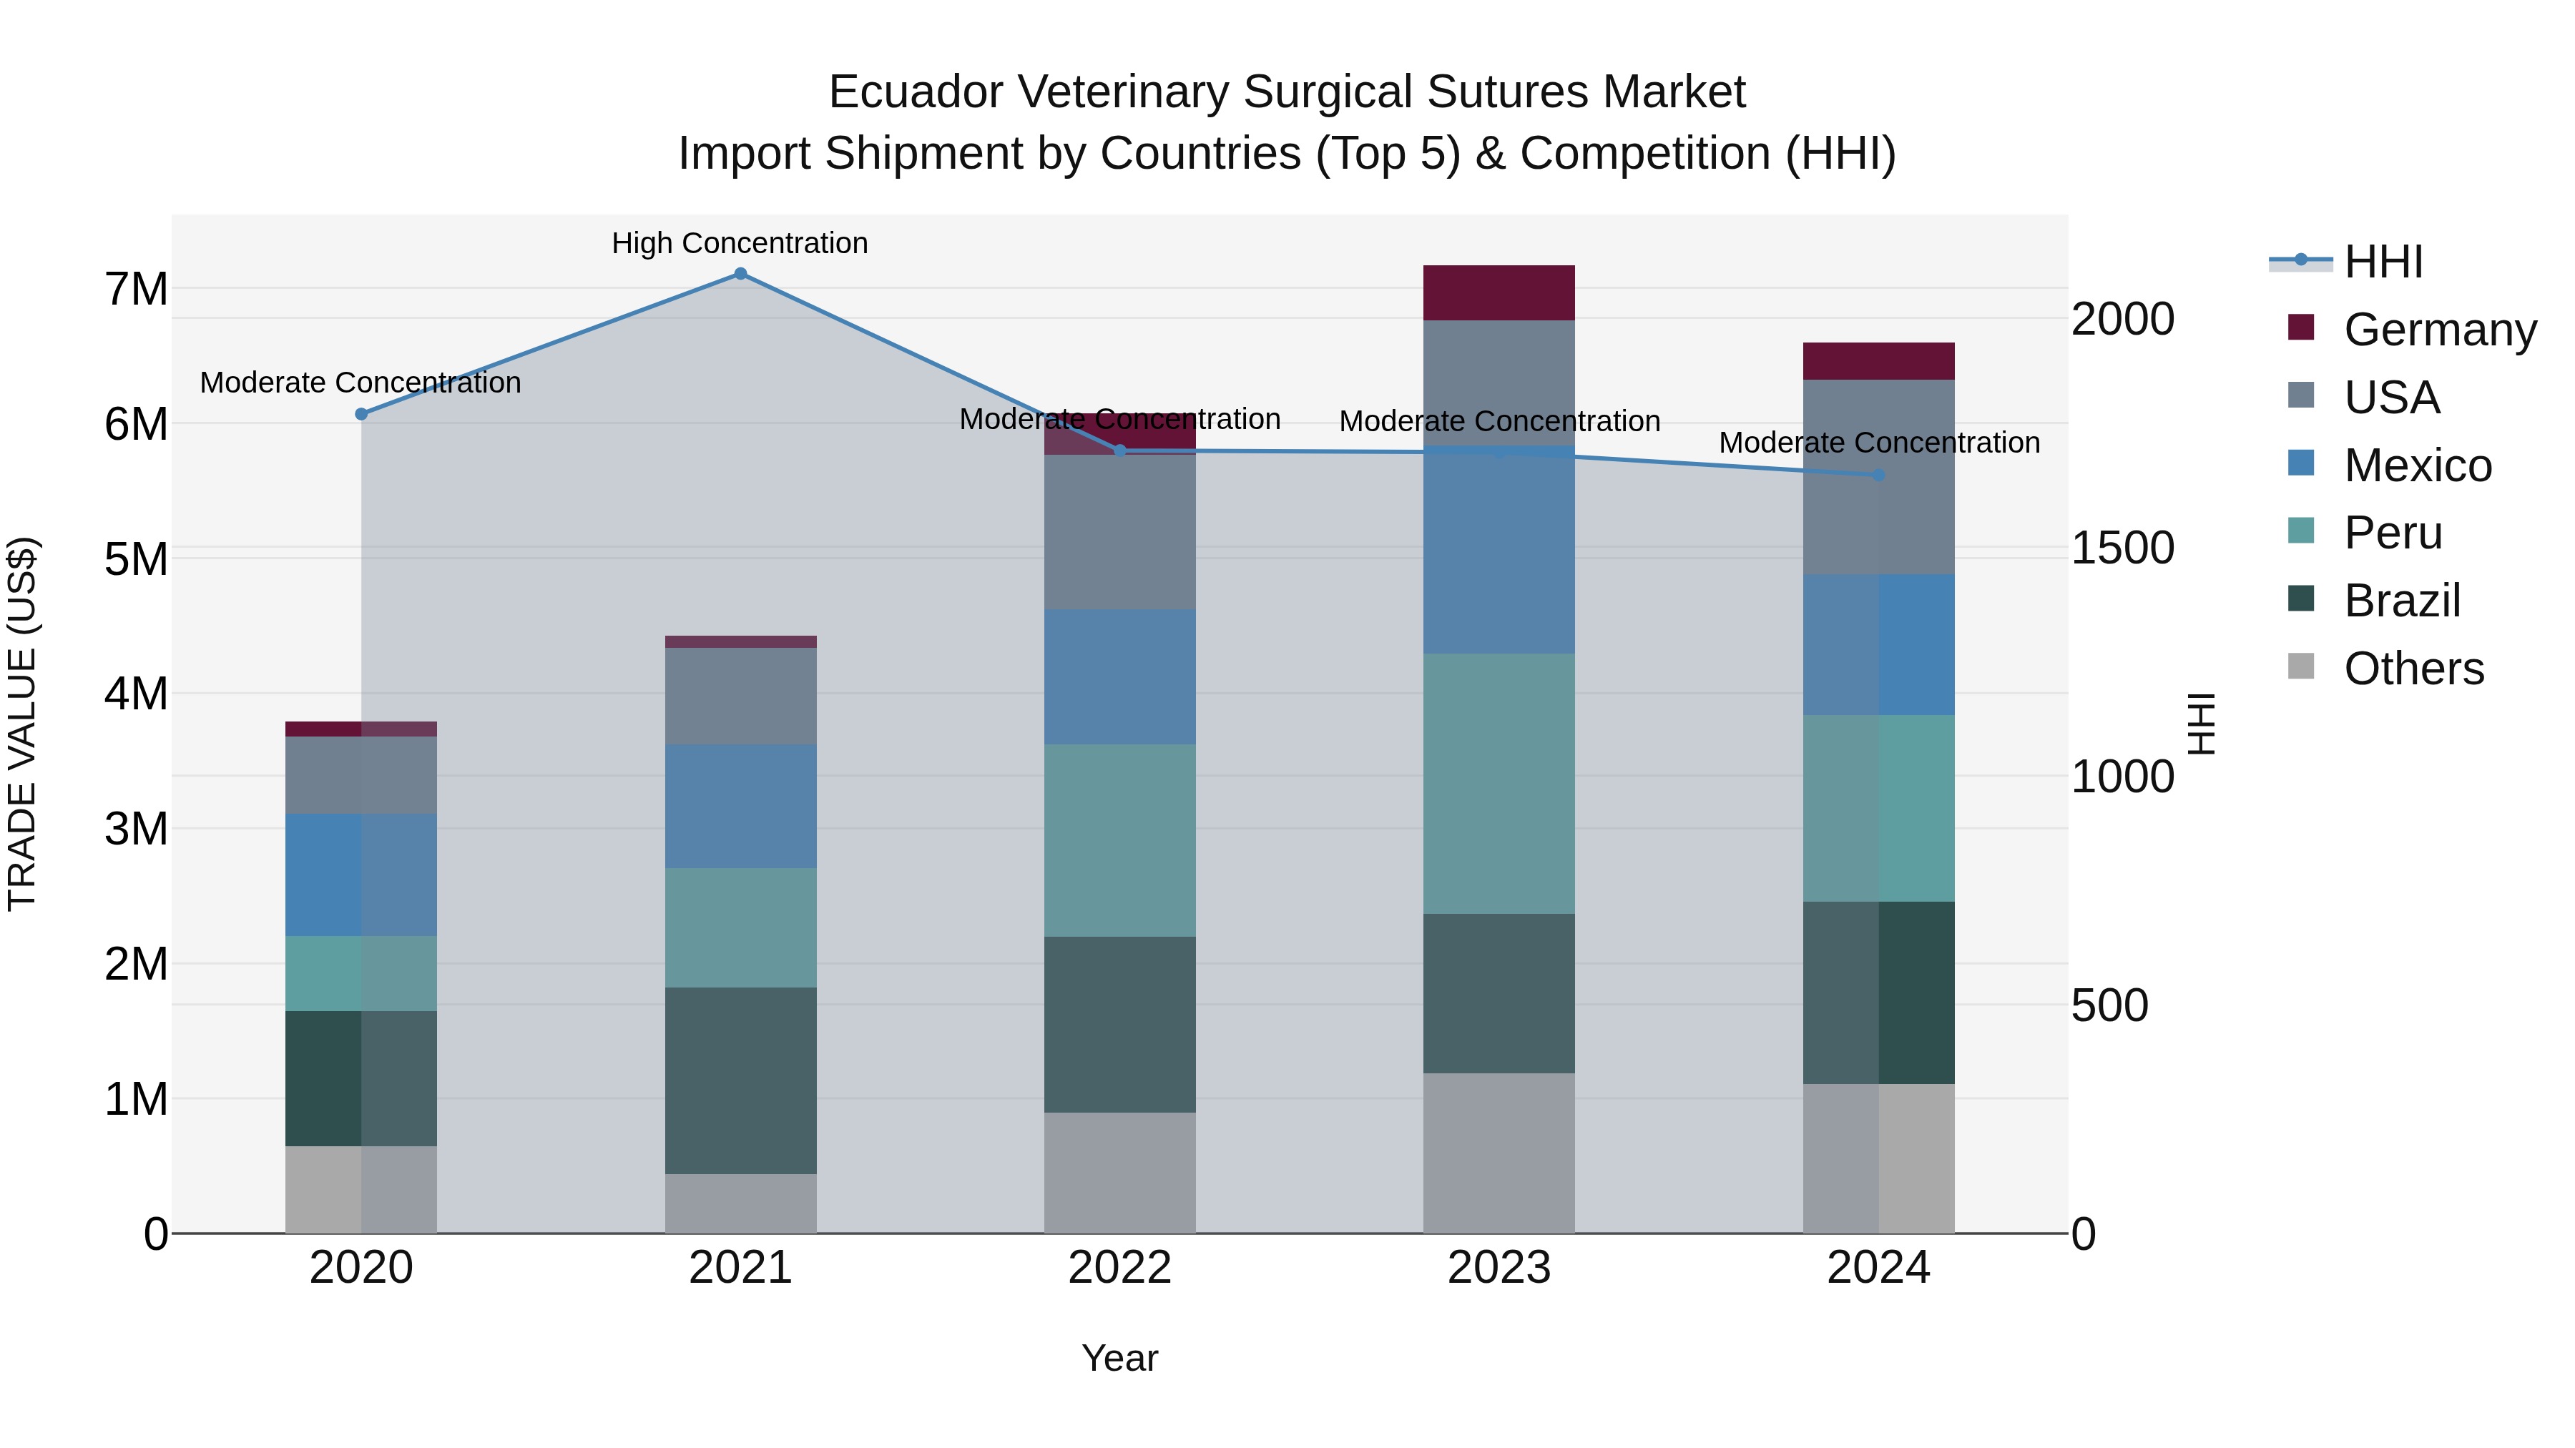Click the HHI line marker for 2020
tap(362, 414)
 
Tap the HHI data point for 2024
tap(1878, 476)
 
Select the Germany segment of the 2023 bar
tap(1499, 292)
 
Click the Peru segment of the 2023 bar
tap(1499, 784)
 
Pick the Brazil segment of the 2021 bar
tap(741, 1080)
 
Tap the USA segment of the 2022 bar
tap(1119, 533)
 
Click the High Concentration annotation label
tap(740, 244)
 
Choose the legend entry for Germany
tap(2439, 330)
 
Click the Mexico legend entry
tap(2417, 466)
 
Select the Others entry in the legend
tap(2413, 669)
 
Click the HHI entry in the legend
tap(2383, 262)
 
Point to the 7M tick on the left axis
tap(136, 290)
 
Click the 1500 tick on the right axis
tap(2122, 548)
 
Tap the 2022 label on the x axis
tap(1119, 1268)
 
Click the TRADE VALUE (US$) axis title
tap(22, 724)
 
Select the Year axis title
tap(1119, 1358)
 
